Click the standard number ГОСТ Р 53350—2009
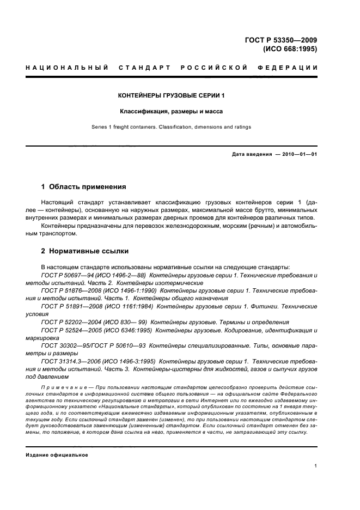pos(281,39)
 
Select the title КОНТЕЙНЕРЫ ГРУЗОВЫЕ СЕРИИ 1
pos(172,95)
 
